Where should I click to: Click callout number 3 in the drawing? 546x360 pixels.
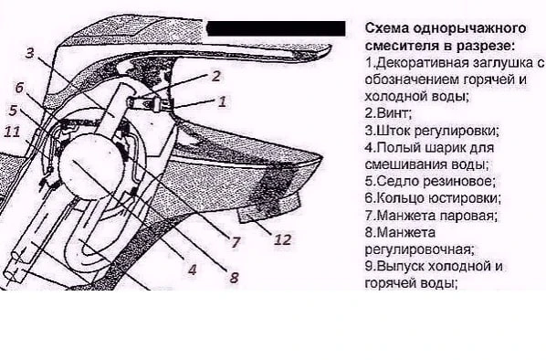(x=30, y=53)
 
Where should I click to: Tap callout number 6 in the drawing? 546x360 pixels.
(x=19, y=88)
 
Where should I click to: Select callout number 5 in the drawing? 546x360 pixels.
(x=13, y=111)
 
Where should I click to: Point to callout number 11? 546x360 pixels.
(x=12, y=132)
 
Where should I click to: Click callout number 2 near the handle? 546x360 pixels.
(x=215, y=76)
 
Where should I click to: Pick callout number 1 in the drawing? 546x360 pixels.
(x=222, y=101)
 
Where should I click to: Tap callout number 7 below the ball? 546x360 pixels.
(x=236, y=242)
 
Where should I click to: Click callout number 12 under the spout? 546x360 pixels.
(x=282, y=239)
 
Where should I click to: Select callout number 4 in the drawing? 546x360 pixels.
(x=193, y=270)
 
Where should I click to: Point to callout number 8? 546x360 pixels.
(x=234, y=277)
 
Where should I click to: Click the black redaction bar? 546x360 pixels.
(x=276, y=28)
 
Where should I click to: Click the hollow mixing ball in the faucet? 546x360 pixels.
(x=91, y=166)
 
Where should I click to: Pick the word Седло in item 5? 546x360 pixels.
(x=395, y=181)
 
